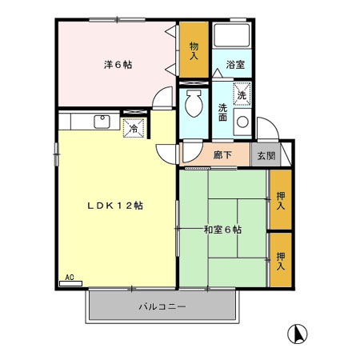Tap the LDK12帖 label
click(114, 205)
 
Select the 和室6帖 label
click(222, 230)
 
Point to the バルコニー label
click(162, 306)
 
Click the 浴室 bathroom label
click(234, 64)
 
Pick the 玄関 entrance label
click(264, 155)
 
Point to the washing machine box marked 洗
click(241, 95)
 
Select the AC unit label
click(70, 278)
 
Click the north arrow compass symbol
click(297, 334)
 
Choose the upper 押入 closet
click(280, 200)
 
